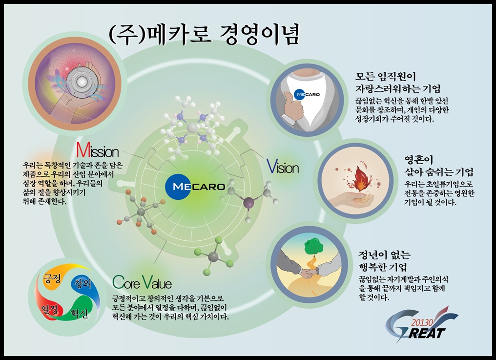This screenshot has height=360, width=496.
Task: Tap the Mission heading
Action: [x=98, y=150]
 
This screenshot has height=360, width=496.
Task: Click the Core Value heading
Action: [x=142, y=282]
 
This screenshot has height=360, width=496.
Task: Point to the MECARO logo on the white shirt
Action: [x=307, y=94]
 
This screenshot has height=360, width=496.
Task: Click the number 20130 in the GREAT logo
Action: [x=422, y=322]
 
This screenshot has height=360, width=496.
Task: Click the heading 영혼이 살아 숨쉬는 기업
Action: [x=439, y=165]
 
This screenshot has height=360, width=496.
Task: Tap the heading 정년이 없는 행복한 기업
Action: [x=384, y=260]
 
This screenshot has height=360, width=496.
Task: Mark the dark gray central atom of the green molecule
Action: [x=213, y=257]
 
